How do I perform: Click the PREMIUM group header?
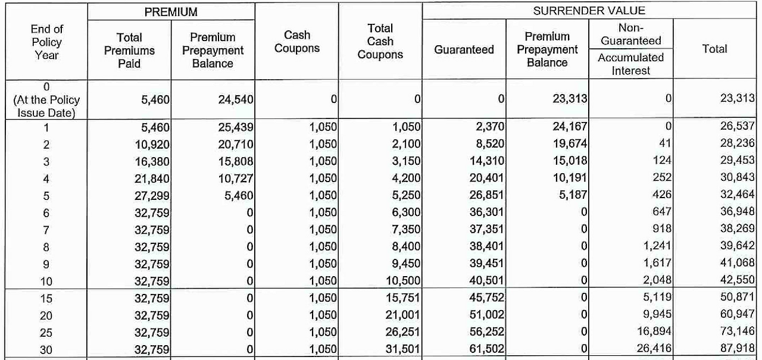pyautogui.click(x=171, y=12)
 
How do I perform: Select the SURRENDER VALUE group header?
pyautogui.click(x=589, y=11)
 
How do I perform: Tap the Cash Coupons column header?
pyautogui.click(x=296, y=42)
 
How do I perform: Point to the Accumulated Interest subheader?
pyautogui.click(x=630, y=64)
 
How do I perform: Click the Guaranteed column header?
pyautogui.click(x=464, y=50)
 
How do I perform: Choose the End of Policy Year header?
pyautogui.click(x=46, y=42)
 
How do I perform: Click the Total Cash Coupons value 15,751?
pyautogui.click(x=403, y=298)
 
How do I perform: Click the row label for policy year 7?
pyautogui.click(x=46, y=230)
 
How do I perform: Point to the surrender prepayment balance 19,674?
pyautogui.click(x=570, y=144)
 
